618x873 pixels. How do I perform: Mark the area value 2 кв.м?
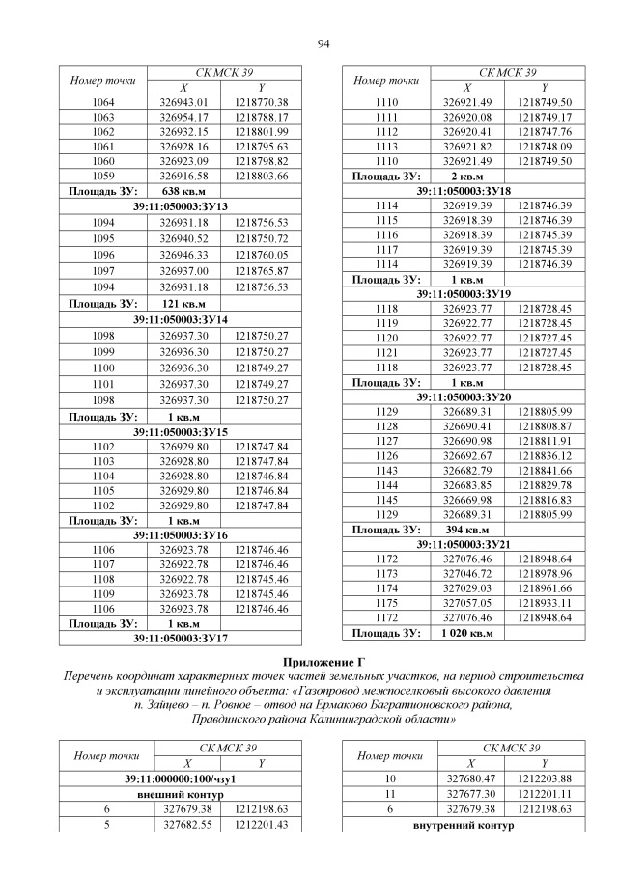[466, 177]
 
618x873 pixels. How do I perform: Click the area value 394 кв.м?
[467, 530]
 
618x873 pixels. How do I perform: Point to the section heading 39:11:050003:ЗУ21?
[464, 544]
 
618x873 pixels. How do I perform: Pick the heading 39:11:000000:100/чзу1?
[181, 778]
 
